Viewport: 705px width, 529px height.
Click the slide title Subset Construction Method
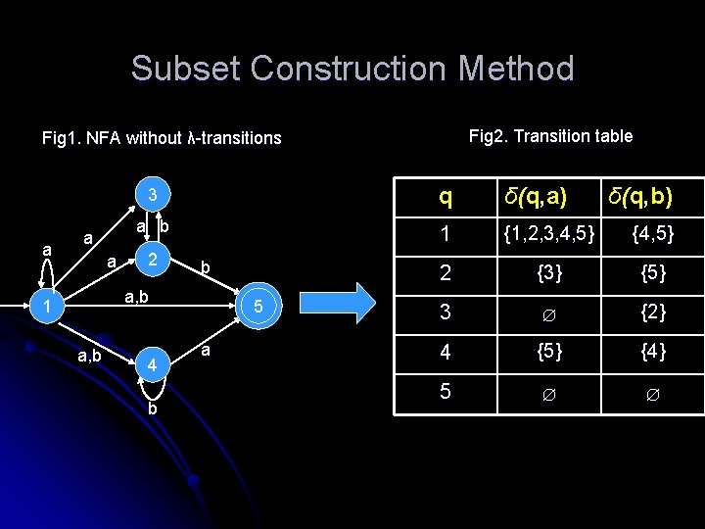pos(352,69)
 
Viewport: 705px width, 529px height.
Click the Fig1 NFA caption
pos(162,138)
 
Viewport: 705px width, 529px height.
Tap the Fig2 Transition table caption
pos(550,136)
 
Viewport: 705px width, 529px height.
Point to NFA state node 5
pos(258,308)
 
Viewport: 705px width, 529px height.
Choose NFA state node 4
pos(152,365)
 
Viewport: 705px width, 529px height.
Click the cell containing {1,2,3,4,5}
pos(548,234)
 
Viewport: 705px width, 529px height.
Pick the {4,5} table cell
pos(651,234)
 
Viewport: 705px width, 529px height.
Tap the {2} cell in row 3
pos(653,313)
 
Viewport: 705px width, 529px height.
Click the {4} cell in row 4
pos(653,350)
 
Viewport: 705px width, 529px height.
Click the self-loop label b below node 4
pos(152,409)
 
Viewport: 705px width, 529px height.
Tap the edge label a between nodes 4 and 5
pos(206,349)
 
